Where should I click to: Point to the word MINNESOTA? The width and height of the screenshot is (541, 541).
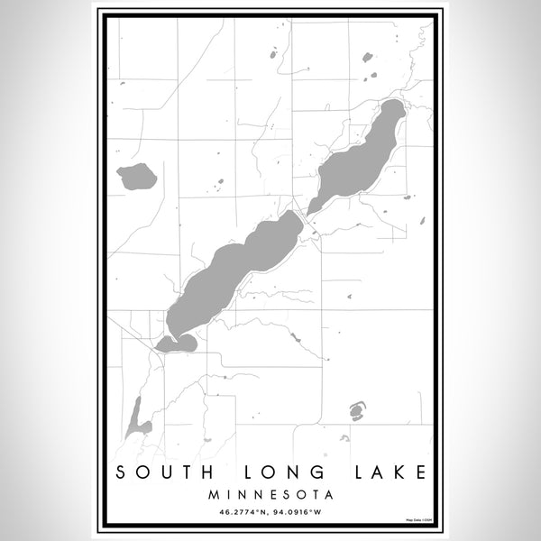coord(270,494)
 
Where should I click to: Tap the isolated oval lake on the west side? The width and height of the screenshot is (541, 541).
coord(137,177)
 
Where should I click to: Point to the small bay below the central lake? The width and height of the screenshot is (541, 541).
coord(177,343)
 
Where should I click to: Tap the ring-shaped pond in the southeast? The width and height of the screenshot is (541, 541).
coord(356,412)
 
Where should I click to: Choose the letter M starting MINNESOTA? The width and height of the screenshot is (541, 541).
coord(212,494)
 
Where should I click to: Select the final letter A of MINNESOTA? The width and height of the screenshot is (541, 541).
coord(329,494)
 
